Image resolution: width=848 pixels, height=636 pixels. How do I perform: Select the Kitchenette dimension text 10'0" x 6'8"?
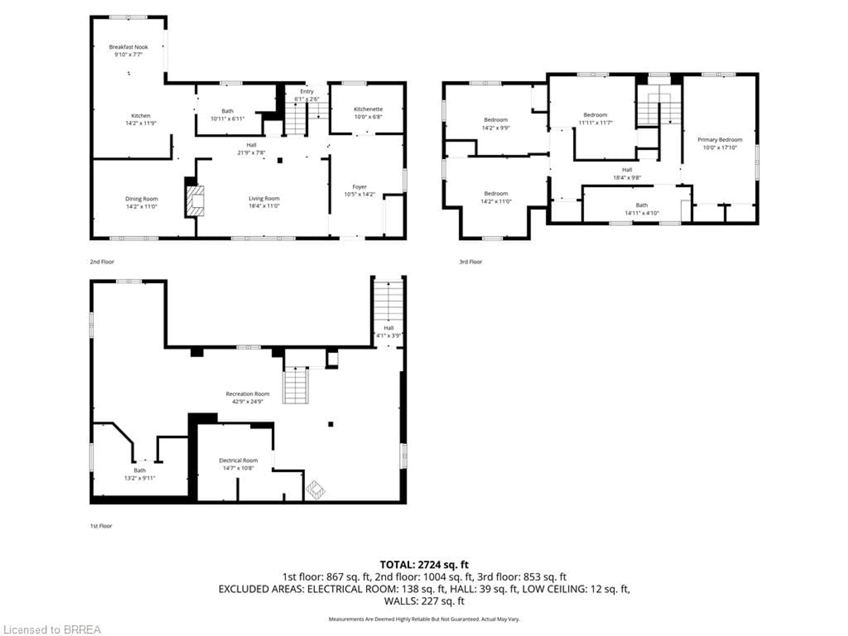click(368, 117)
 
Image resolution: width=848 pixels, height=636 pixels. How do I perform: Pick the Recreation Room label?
click(247, 394)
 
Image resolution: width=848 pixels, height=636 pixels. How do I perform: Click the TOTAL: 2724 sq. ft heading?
click(424, 565)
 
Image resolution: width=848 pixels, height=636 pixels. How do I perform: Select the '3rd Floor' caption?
click(470, 262)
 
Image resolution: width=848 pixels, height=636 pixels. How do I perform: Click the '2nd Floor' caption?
click(102, 262)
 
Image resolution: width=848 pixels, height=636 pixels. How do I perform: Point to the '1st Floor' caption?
click(101, 526)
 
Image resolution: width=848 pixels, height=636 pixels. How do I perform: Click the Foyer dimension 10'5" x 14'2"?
click(359, 194)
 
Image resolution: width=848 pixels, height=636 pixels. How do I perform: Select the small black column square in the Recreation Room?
click(330, 424)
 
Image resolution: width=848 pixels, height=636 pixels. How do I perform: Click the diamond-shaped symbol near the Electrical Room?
click(315, 490)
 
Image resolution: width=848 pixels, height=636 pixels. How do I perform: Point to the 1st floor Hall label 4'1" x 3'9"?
click(388, 328)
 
